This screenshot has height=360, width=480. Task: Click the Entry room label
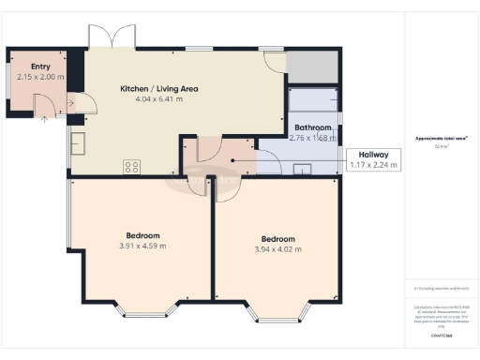(40, 67)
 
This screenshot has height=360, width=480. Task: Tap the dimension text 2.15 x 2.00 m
(40, 77)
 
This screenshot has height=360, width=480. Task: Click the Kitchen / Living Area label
(157, 89)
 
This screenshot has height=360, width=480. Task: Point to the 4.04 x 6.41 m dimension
(157, 98)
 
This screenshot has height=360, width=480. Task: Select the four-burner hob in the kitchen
(132, 167)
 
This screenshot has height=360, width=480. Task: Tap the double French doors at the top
(112, 38)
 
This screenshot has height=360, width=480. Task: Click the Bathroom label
(312, 127)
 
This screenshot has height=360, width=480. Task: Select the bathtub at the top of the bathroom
(313, 100)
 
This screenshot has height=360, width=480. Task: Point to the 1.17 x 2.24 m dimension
(372, 166)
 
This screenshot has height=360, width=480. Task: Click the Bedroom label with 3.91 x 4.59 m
(143, 235)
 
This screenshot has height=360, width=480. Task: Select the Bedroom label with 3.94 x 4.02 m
(278, 239)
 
